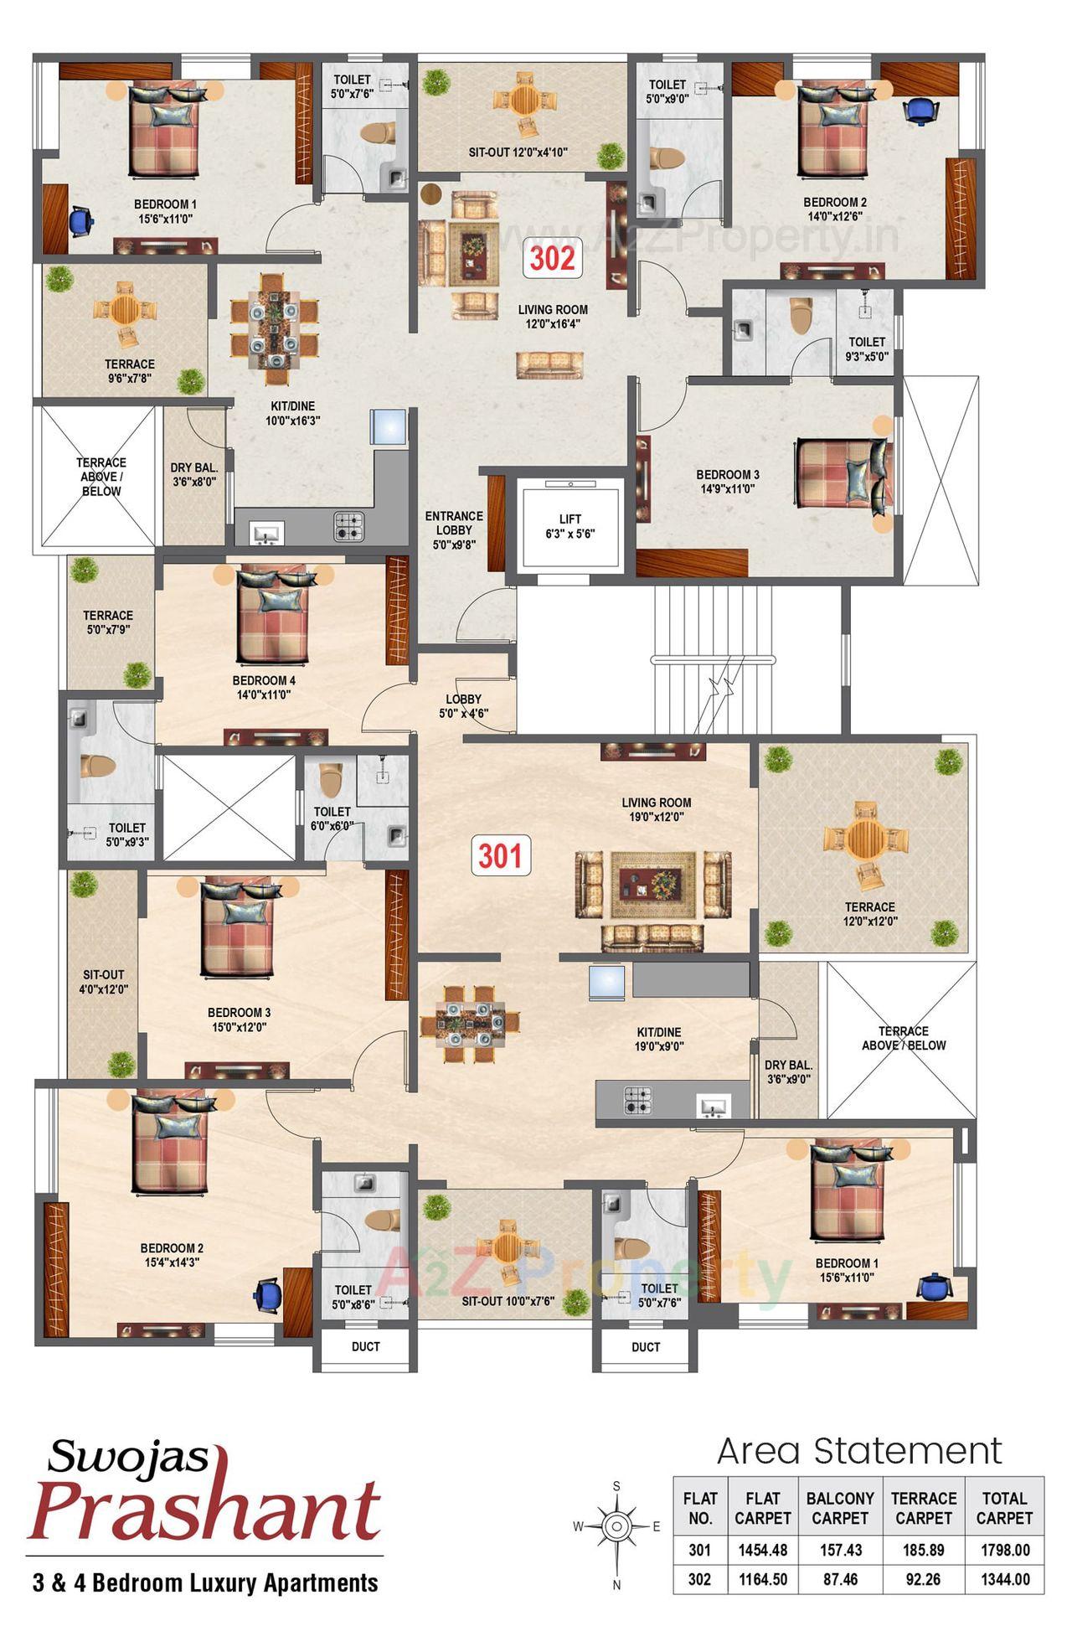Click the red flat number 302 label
(553, 258)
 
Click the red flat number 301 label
(500, 855)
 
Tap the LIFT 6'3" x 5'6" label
(570, 526)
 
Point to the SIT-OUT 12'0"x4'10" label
(518, 152)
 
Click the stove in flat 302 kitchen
(349, 526)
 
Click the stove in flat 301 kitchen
(637, 1101)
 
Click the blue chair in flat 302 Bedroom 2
(921, 110)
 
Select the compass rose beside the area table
(616, 1526)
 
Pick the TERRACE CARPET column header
(923, 1508)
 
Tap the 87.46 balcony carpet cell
(840, 1579)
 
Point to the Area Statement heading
(859, 1451)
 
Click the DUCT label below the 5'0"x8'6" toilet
(365, 1346)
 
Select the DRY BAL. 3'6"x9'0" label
(788, 1072)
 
